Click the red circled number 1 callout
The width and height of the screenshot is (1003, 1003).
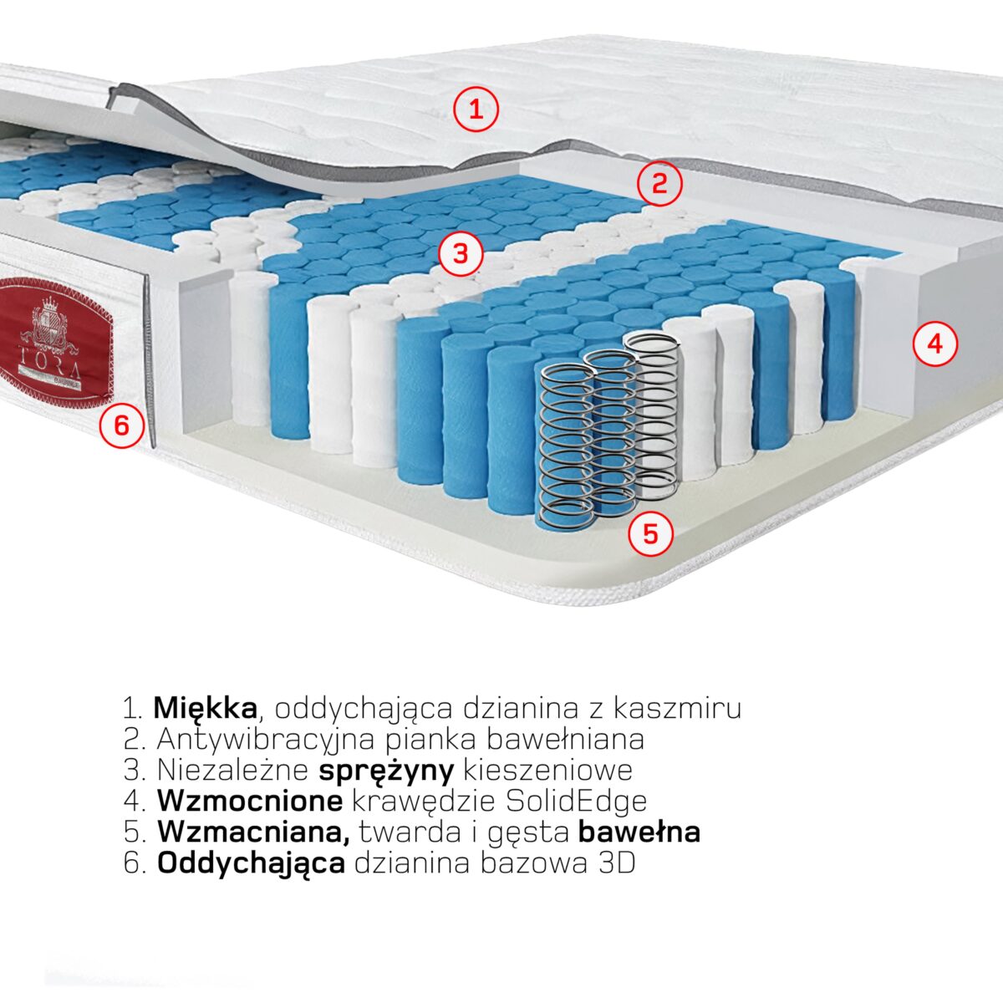coord(476,109)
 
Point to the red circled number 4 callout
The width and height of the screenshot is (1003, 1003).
coord(934,344)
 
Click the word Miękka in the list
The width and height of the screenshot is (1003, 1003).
coord(205,708)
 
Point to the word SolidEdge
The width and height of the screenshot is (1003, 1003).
coord(577,801)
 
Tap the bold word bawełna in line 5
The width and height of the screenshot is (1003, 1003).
coord(639,832)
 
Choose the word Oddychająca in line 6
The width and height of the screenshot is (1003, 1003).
coord(251,863)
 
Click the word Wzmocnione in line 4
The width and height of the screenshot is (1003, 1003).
coord(249,801)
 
